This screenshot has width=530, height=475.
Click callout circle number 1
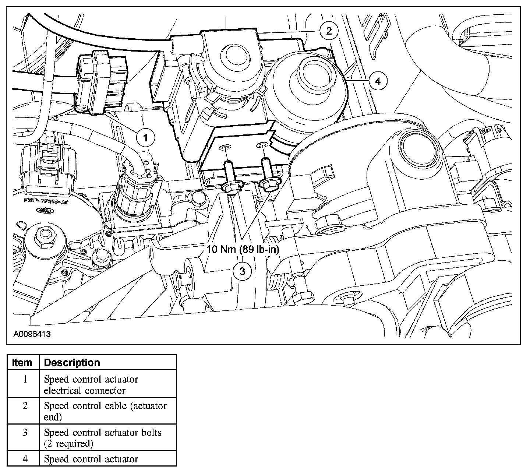pyautogui.click(x=145, y=138)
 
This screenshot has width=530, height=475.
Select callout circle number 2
pyautogui.click(x=329, y=31)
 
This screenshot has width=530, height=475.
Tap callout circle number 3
pyautogui.click(x=242, y=271)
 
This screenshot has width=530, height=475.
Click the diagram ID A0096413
pyautogui.click(x=32, y=334)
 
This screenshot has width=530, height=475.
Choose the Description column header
pyautogui.click(x=72, y=362)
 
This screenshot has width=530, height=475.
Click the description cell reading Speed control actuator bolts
pyautogui.click(x=103, y=437)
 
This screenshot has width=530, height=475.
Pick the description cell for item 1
pyautogui.click(x=91, y=384)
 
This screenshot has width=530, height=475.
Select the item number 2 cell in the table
pyautogui.click(x=25, y=406)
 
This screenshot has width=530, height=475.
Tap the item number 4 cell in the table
pyautogui.click(x=25, y=459)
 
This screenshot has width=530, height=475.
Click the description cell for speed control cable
pyautogui.click(x=105, y=411)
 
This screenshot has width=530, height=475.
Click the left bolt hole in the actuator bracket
pyautogui.click(x=225, y=148)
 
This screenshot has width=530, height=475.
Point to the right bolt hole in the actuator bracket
pyautogui.click(x=262, y=144)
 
